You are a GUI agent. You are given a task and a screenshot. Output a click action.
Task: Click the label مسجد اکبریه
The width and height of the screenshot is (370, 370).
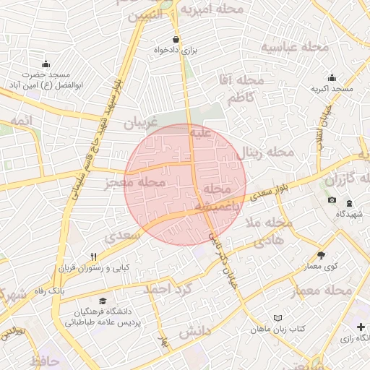tap(332, 89)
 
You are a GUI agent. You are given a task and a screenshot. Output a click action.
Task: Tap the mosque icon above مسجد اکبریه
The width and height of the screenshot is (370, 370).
tap(332, 77)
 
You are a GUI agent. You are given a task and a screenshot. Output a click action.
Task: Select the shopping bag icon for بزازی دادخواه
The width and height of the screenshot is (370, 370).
tap(176, 39)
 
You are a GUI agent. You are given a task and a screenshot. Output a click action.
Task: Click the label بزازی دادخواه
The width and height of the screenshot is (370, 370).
tap(175, 51)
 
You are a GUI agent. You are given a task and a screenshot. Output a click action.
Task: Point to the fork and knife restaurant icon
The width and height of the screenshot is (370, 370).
tap(94, 257)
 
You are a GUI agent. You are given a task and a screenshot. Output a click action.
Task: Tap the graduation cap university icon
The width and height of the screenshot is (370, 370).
tap(103, 301)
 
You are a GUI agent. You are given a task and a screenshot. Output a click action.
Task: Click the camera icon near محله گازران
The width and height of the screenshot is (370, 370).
tap(332, 200)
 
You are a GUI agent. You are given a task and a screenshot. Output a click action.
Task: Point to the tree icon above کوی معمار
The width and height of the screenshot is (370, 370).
tap(321, 255)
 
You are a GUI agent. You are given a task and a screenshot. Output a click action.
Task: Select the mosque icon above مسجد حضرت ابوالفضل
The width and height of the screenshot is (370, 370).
tap(46, 64)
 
